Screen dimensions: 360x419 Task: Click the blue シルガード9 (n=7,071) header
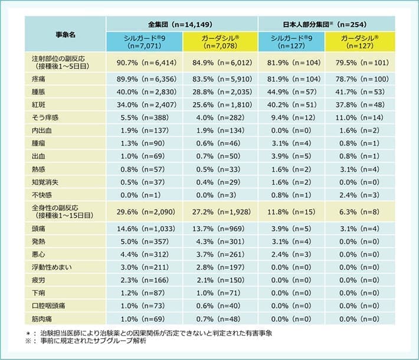[144, 41]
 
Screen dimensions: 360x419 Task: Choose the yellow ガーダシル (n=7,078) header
[220, 41]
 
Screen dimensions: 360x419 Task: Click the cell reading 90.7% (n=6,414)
[144, 61]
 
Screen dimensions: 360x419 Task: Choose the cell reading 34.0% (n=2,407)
[144, 104]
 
